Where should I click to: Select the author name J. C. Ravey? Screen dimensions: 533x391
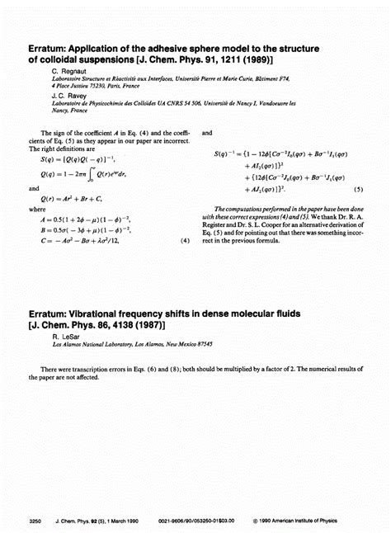coord(69,96)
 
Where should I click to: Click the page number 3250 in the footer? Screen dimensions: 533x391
coord(35,521)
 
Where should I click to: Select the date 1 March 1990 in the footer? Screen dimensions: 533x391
coord(139,521)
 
